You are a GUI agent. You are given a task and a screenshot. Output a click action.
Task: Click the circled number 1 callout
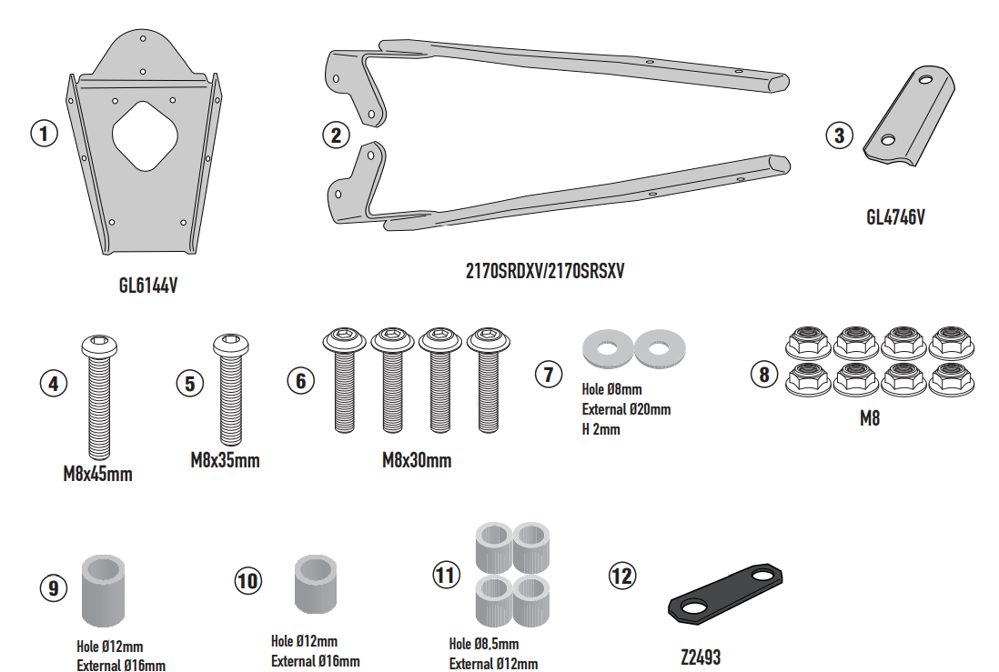point(44,134)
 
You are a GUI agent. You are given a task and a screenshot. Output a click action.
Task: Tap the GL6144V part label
point(147,286)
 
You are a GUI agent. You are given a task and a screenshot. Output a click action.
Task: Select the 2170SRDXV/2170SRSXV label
point(545,271)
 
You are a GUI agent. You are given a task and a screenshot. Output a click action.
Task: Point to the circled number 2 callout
point(336,135)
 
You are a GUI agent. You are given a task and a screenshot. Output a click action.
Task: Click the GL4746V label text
point(895,217)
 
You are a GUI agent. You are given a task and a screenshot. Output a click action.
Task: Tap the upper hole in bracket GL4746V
point(925,80)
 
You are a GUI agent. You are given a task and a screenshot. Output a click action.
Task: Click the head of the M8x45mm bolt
point(99,346)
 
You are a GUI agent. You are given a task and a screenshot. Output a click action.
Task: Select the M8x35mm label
point(225,460)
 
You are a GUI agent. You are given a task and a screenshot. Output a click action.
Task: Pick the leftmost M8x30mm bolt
point(344,379)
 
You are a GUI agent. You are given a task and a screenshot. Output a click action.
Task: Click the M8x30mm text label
point(417,460)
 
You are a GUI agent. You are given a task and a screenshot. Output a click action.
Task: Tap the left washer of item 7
point(607,348)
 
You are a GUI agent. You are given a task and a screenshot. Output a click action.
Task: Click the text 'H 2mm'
point(600,429)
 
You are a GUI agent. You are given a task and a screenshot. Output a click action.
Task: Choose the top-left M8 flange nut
point(808,343)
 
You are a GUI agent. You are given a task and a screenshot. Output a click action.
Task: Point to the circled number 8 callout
point(764,374)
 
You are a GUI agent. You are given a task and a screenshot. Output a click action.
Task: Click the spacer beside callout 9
point(103,590)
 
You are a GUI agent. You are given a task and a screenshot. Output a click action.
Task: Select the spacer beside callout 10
point(316,584)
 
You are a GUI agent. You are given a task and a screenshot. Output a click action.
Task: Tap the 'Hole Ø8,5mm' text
point(483,644)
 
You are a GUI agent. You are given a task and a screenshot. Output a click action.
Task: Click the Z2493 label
point(701,657)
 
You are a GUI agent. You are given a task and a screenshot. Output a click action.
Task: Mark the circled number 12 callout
point(621,576)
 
